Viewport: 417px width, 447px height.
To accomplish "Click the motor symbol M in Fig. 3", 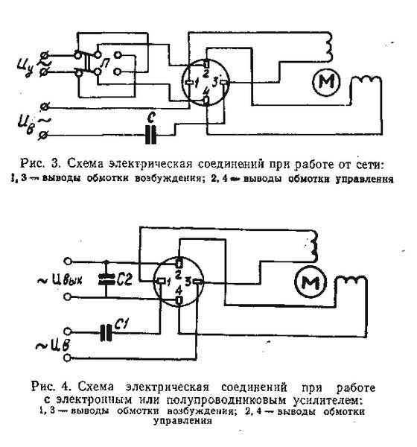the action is (x=326, y=82).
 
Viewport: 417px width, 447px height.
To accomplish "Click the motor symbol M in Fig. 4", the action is (x=311, y=282).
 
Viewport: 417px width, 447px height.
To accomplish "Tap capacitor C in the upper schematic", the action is (x=150, y=135).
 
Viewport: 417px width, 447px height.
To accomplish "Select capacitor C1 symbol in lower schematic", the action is (x=106, y=332).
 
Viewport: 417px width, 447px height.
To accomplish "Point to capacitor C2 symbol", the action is (x=106, y=279).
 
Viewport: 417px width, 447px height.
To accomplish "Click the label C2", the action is (x=124, y=279).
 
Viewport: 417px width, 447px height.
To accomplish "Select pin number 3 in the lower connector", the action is (x=188, y=282).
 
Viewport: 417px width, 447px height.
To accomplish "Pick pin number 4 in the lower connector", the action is (x=179, y=291).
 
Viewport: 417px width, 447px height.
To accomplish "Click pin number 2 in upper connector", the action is (x=206, y=74).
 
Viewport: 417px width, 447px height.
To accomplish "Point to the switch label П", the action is (x=106, y=63).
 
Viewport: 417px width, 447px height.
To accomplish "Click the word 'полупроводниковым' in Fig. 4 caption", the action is (x=226, y=401).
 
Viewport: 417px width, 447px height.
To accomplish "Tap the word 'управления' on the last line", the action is (x=182, y=421).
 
